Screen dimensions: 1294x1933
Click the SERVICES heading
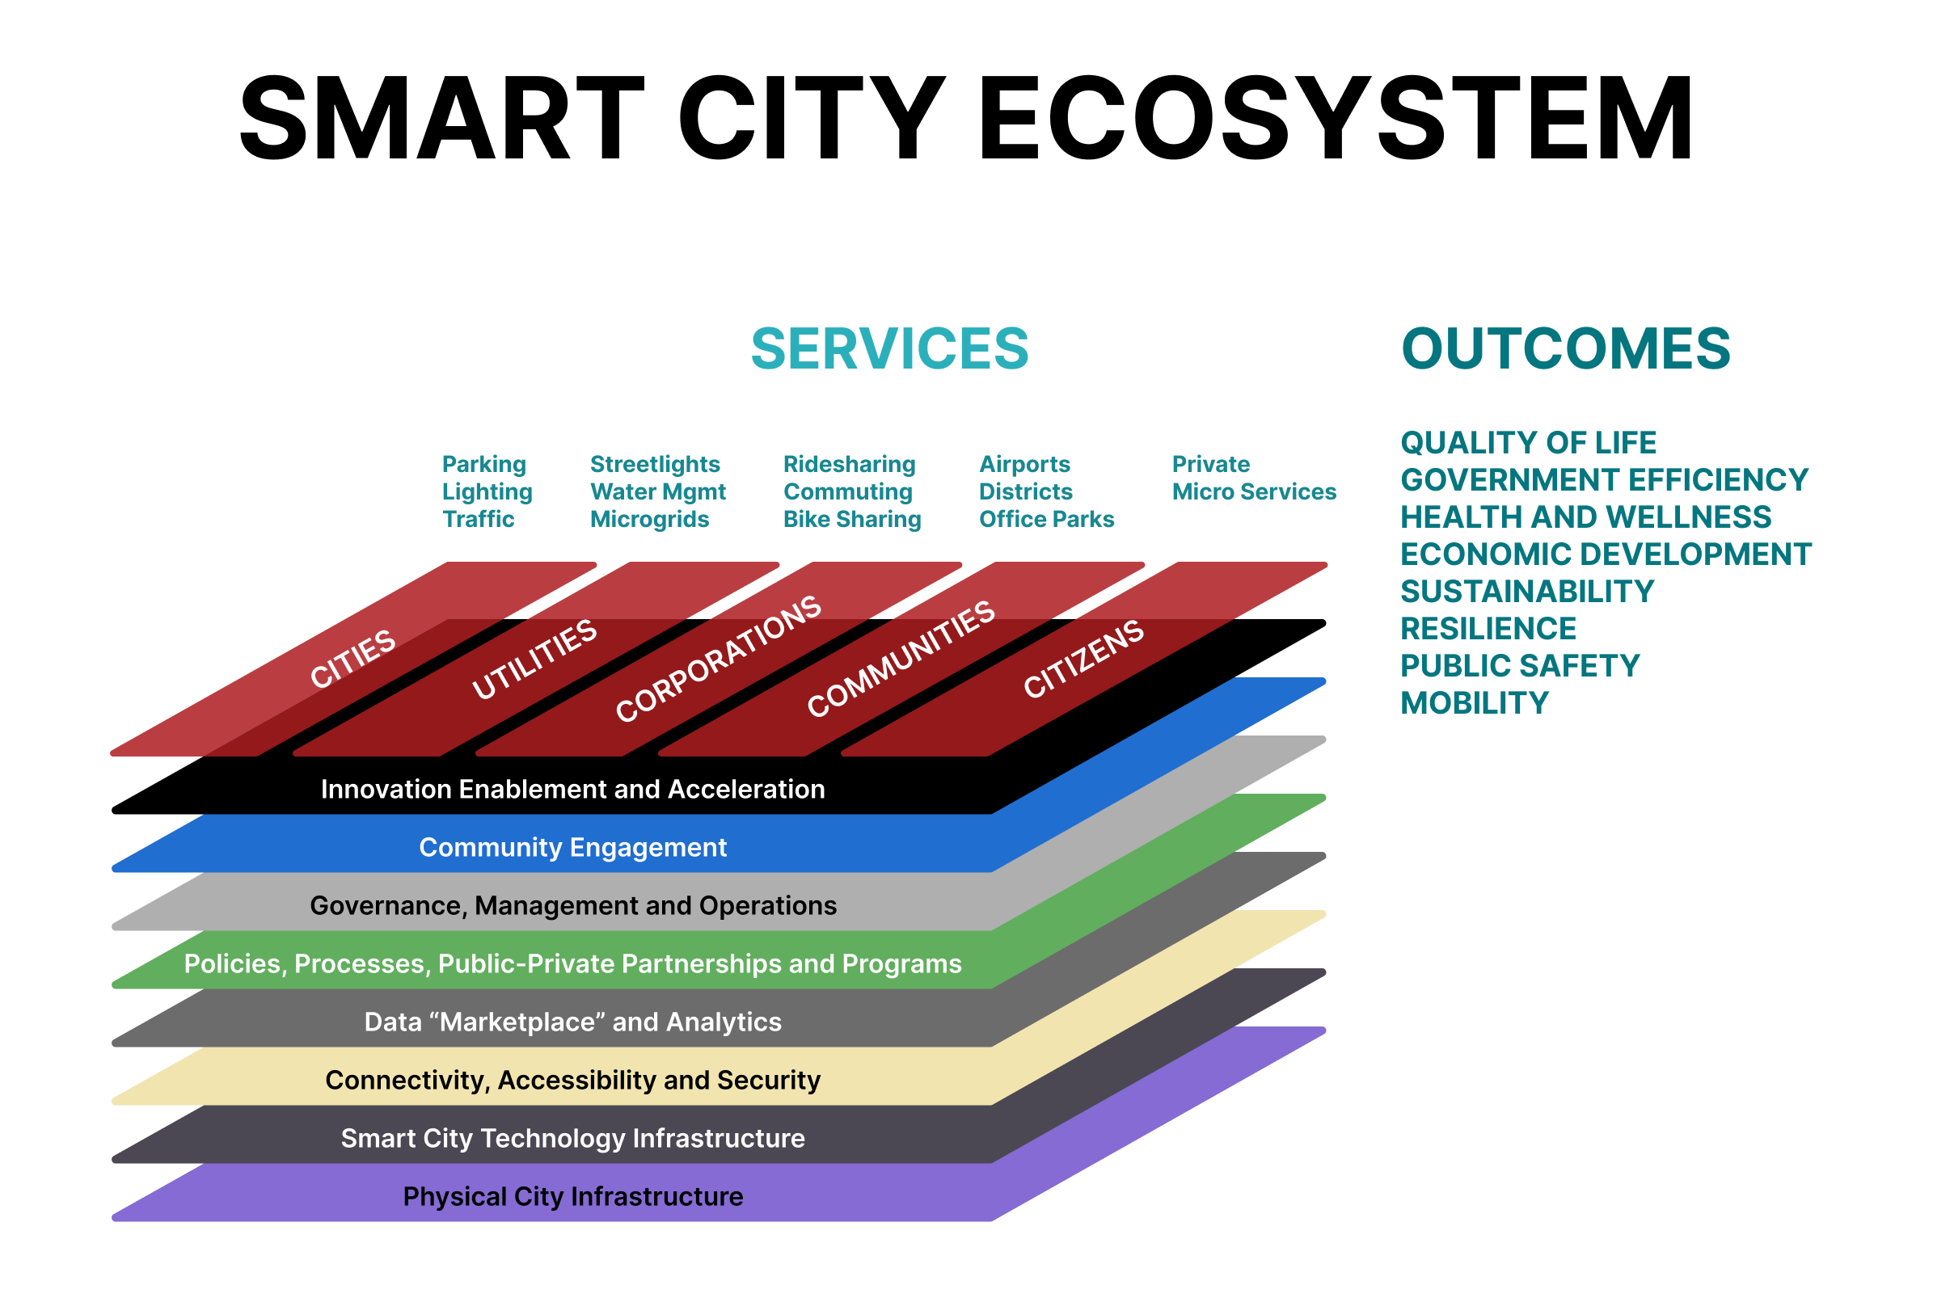889,348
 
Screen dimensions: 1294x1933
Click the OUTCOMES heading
1565,348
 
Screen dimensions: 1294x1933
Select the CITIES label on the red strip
353,658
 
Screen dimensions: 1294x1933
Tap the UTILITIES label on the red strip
535,659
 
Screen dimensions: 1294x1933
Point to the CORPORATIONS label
718,658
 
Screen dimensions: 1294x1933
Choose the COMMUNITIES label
901,658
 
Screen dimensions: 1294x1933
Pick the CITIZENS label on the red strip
1083,658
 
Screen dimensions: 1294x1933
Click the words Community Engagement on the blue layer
573,848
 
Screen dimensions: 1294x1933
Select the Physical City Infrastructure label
573,1197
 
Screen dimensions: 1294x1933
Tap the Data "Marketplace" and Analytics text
573,1022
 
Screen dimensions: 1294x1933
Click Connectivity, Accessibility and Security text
573,1081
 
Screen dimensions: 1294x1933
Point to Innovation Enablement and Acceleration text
573,790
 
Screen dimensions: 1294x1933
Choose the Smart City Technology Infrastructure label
573,1139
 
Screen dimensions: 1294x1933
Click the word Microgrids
649,519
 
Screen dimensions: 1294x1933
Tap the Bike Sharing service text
852,519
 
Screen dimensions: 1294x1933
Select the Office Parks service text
1047,519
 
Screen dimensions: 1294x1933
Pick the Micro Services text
1254,492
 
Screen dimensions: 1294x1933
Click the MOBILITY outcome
1474,703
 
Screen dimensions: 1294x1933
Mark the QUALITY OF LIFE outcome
1528,443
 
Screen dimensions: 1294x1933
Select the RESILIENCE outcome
1488,629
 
